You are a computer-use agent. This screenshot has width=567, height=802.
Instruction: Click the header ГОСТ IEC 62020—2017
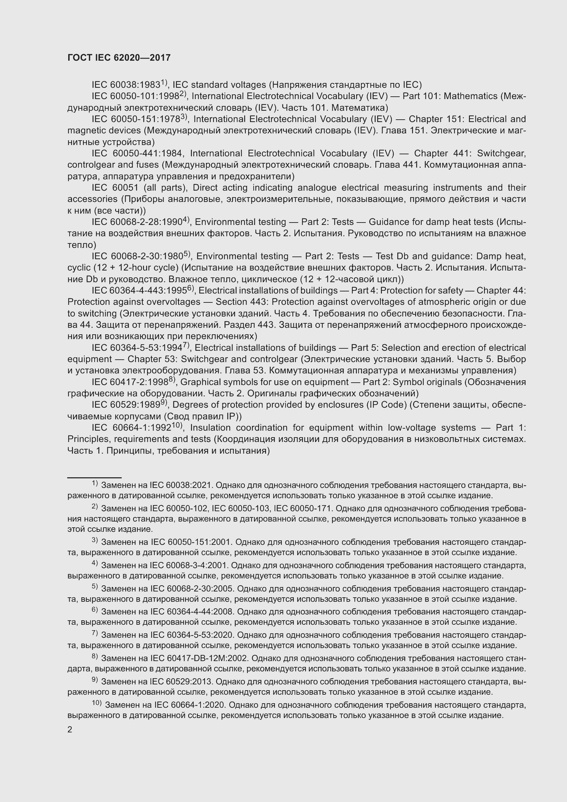119,58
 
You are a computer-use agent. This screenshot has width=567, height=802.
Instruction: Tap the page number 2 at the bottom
70,729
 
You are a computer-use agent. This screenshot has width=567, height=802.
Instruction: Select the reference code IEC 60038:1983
126,85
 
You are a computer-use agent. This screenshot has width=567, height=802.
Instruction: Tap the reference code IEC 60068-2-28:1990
137,222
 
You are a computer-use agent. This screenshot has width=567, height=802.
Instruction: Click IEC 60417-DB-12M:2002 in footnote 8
199,658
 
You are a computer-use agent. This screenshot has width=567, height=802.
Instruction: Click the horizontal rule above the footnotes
94,477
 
